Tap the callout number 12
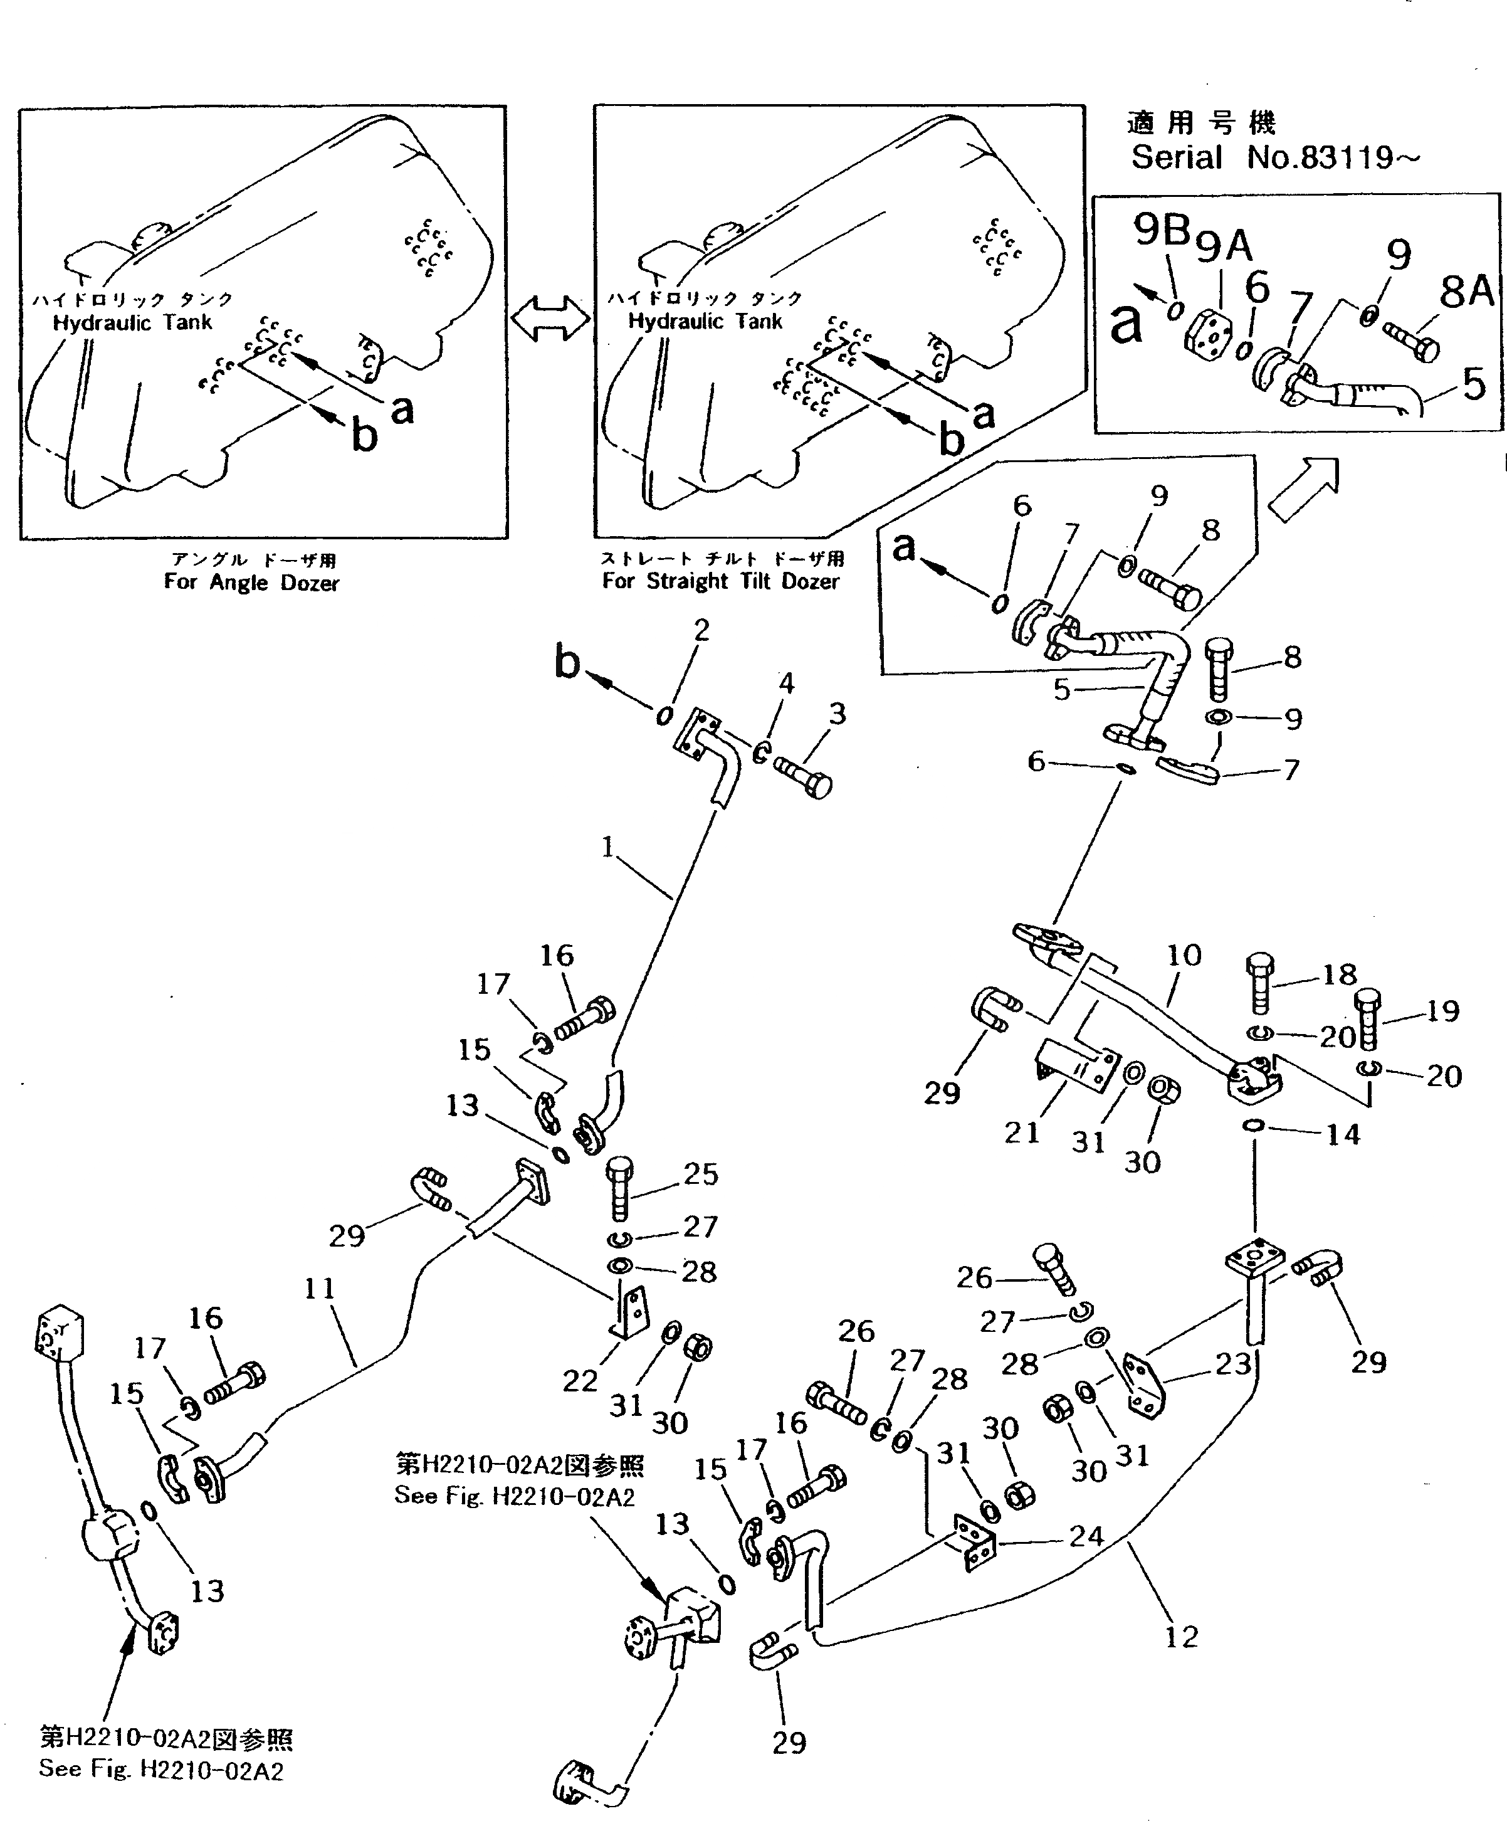tap(1182, 1637)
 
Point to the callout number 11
tap(320, 1288)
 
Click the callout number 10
tap(1184, 956)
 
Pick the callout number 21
tap(1021, 1132)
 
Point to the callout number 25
tap(701, 1174)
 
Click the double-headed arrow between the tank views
tap(550, 319)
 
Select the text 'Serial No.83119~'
tap(1274, 158)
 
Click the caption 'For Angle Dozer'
tap(251, 583)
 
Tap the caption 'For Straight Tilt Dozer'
tap(722, 581)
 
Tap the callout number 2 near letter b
tap(701, 630)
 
